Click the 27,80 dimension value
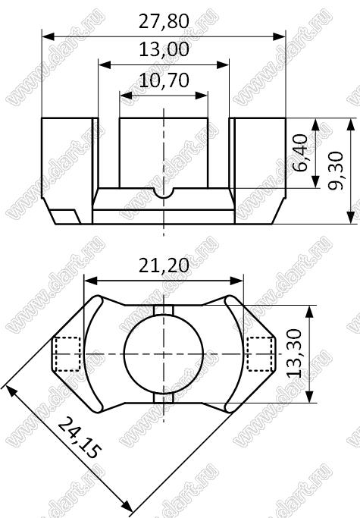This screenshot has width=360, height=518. click(164, 21)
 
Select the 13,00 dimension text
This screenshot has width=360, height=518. click(164, 49)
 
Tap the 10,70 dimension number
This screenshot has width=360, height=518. click(164, 80)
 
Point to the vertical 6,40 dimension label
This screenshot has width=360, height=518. click(300, 153)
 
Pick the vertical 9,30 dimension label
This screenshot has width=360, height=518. click(335, 171)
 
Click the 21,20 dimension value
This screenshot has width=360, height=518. click(164, 265)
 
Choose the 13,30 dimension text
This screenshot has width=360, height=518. click(294, 353)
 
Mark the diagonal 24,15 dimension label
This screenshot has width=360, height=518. click(79, 438)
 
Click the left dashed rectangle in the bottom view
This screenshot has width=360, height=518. click(67, 354)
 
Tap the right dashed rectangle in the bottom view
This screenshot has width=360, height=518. click(260, 354)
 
